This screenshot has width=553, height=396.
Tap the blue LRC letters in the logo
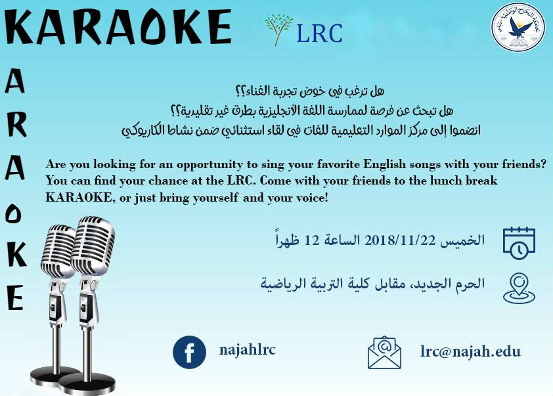point(320,33)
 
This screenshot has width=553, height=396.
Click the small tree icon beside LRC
point(278,30)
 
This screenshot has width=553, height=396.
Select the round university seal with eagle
point(518,27)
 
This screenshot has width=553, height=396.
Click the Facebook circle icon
point(189,352)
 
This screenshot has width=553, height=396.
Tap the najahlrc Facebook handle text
point(248,349)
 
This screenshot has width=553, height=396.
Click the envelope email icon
point(384,352)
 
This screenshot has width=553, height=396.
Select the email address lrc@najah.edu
point(470,351)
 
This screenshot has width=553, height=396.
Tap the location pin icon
point(519,288)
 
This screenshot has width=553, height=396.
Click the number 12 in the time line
point(311,240)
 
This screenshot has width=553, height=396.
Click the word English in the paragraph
point(385,165)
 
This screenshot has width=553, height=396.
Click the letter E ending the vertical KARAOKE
point(15,297)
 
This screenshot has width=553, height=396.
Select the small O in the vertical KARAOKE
point(13,213)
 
